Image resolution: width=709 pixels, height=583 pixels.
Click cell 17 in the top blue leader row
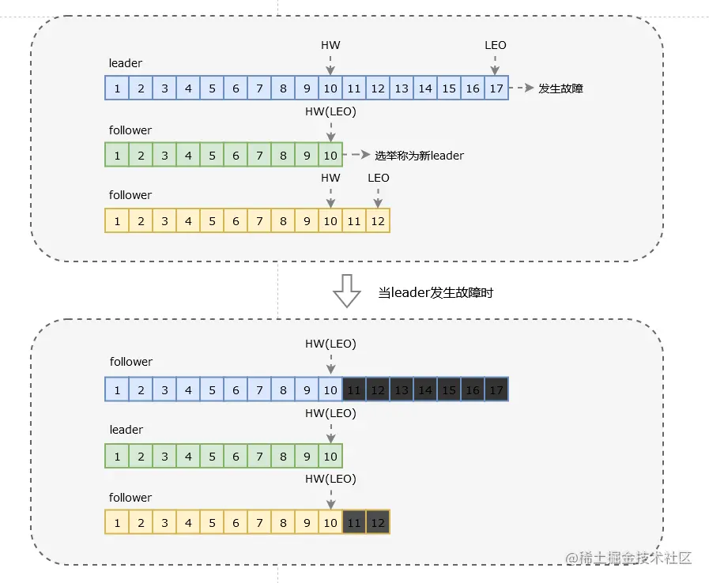pyautogui.click(x=496, y=88)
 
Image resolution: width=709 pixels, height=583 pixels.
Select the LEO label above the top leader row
pyautogui.click(x=495, y=45)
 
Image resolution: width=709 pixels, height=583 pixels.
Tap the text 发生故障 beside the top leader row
pyautogui.click(x=560, y=88)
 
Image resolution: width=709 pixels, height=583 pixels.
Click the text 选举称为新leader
pyautogui.click(x=419, y=156)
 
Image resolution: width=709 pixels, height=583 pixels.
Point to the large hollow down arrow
pyautogui.click(x=347, y=291)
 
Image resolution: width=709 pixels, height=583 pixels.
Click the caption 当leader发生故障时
pyautogui.click(x=436, y=293)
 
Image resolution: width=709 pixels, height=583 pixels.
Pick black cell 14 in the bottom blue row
pyautogui.click(x=425, y=389)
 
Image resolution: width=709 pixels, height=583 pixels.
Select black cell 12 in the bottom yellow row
pyautogui.click(x=378, y=522)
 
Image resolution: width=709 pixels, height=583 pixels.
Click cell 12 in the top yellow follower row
pyautogui.click(x=378, y=221)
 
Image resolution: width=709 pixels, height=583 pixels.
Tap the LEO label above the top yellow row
pyautogui.click(x=378, y=178)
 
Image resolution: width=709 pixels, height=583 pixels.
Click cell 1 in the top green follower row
pyautogui.click(x=117, y=156)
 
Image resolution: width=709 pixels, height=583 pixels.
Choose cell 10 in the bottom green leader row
pyautogui.click(x=330, y=457)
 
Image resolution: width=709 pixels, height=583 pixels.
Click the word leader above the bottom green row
pyautogui.click(x=126, y=429)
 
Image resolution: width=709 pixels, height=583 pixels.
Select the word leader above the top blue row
pyautogui.click(x=125, y=63)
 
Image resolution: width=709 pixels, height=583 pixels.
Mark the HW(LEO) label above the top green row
pyautogui.click(x=330, y=111)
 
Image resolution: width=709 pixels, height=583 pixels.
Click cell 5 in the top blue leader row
pyautogui.click(x=212, y=88)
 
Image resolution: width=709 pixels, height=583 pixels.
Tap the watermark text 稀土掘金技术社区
pyautogui.click(x=635, y=559)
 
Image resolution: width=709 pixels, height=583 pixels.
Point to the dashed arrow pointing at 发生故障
pyautogui.click(x=522, y=88)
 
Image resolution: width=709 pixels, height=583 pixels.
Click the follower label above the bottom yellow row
pyautogui.click(x=130, y=498)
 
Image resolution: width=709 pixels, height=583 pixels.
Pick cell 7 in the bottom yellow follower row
pyautogui.click(x=259, y=522)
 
